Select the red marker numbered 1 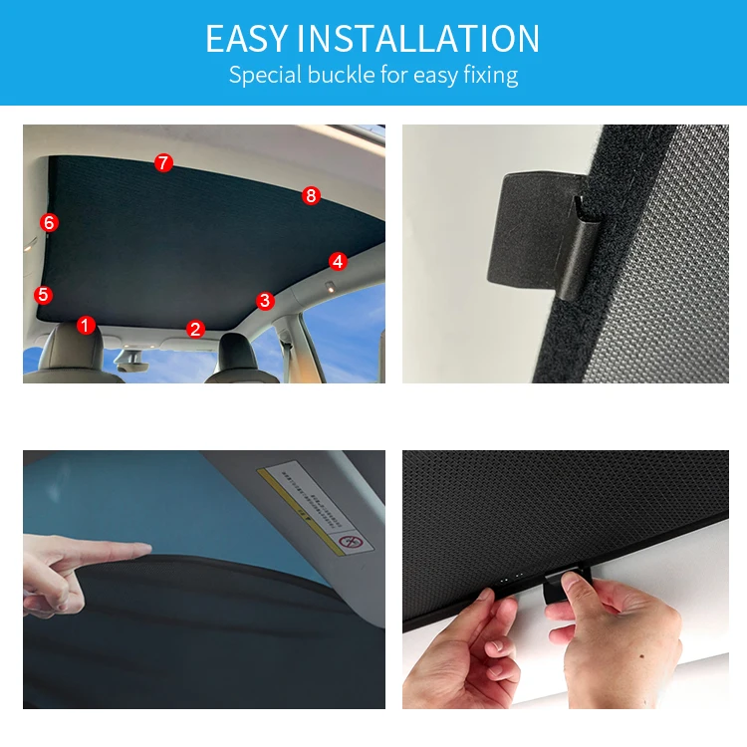pos(86,325)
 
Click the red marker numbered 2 pos(195,329)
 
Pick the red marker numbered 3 pos(264,300)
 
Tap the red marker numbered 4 pos(338,261)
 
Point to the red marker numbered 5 pos(42,295)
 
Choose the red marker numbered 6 pos(49,222)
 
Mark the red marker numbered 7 pos(163,163)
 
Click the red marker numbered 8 pos(311,196)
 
